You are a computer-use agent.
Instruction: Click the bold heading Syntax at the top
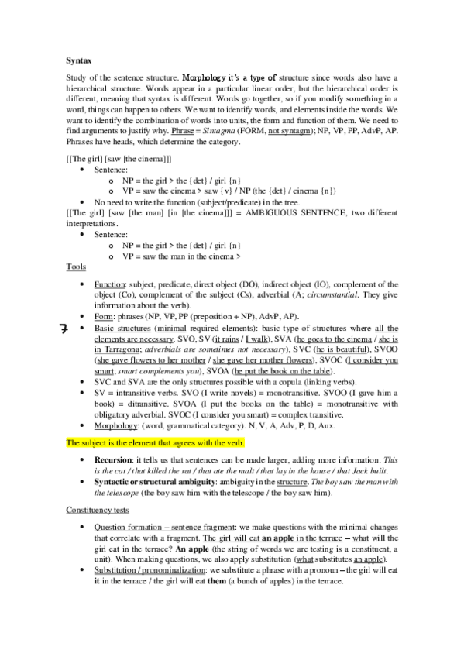[80, 59]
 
